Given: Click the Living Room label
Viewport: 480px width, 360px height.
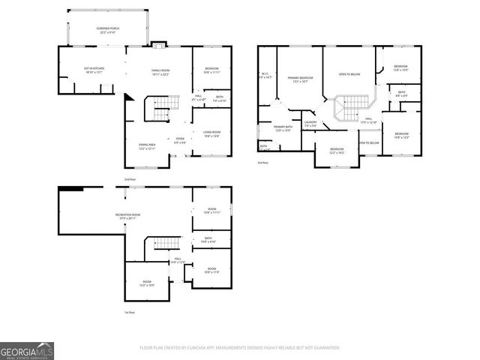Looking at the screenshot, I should click(211, 133).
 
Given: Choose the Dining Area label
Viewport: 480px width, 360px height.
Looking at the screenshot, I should click(147, 145).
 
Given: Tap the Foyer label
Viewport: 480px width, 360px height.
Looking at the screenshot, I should click(180, 139).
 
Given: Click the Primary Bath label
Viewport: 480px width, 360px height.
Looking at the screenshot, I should click(283, 128).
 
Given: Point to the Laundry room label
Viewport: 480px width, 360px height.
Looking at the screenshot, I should click(310, 124).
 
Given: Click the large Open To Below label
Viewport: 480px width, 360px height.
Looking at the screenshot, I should click(349, 74).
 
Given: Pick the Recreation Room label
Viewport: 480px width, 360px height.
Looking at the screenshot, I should click(125, 217).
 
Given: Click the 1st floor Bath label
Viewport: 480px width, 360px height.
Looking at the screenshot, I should click(207, 240).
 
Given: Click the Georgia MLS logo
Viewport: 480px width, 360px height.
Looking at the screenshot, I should click(27, 351).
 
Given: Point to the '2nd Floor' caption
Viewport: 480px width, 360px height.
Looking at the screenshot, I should click(130, 180).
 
